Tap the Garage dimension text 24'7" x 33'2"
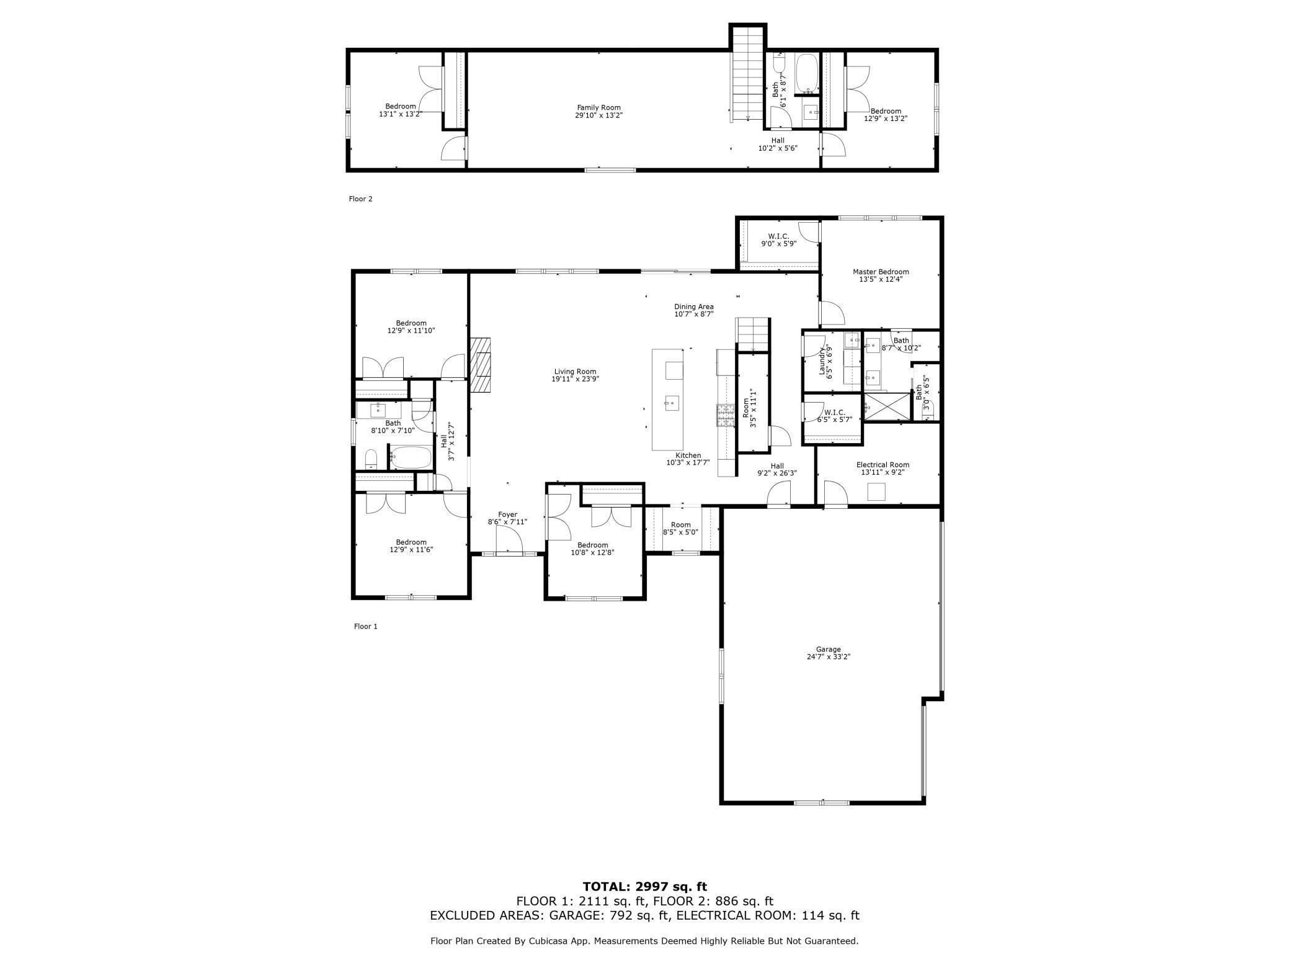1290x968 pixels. (828, 657)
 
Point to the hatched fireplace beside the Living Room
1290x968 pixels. (480, 365)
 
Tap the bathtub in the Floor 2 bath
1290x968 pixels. (807, 73)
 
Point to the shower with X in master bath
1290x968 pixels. (886, 406)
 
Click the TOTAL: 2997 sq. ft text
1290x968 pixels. (644, 887)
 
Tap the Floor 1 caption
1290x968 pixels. (365, 626)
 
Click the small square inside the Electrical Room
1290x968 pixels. (876, 491)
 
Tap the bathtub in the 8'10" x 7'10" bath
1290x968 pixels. (411, 458)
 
